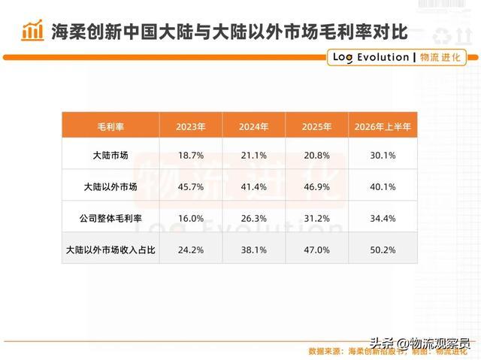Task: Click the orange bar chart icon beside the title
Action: [x=32, y=30]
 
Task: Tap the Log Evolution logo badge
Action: [x=397, y=57]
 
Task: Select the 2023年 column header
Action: [x=190, y=127]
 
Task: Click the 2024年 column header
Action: [x=254, y=127]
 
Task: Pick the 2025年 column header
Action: [x=316, y=127]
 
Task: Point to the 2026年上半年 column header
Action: [x=383, y=127]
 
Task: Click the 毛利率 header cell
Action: [x=110, y=127]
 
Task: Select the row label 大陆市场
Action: [x=110, y=155]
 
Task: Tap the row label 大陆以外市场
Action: [x=110, y=186]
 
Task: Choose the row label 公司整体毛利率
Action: [x=110, y=219]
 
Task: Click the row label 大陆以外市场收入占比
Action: [x=110, y=250]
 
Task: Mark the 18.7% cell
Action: [x=191, y=156]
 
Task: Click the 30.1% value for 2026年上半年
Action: [x=383, y=156]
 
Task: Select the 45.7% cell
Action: [x=191, y=187]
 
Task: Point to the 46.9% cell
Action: [x=317, y=187]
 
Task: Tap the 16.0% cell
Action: [x=191, y=219]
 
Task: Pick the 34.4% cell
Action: [x=383, y=219]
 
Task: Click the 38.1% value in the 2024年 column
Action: [x=254, y=250]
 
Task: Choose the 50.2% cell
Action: [x=383, y=250]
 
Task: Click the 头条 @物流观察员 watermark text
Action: [x=420, y=343]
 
